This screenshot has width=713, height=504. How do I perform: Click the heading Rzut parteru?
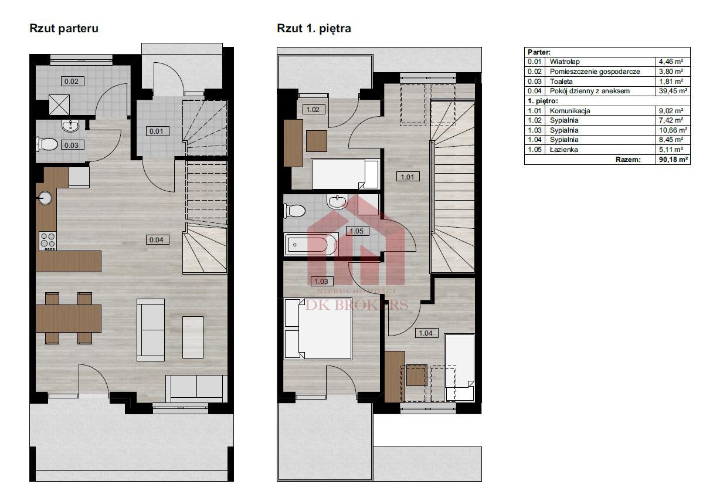(x=64, y=29)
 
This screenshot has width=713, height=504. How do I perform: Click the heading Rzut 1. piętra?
(x=314, y=29)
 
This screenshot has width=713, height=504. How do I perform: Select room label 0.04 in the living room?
(x=158, y=239)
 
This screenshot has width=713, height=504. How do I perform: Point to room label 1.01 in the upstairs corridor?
(x=408, y=177)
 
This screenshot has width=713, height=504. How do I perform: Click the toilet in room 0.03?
(x=46, y=144)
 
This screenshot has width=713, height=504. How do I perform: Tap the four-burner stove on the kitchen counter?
(x=47, y=241)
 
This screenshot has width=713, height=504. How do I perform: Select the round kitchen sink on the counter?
(x=45, y=198)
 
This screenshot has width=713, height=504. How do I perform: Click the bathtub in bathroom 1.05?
(x=311, y=244)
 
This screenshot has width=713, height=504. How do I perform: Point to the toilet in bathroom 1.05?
(x=294, y=211)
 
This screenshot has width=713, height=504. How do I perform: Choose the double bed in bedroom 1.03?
(x=318, y=329)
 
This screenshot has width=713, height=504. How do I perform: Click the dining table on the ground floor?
(x=69, y=319)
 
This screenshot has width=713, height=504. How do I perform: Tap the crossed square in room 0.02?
(x=59, y=104)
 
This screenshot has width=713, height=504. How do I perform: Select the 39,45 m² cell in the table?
(x=673, y=91)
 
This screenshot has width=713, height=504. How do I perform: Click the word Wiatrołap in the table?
(x=565, y=62)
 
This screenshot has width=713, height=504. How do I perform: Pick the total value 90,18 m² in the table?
(x=673, y=160)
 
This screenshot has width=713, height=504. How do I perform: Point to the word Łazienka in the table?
(x=563, y=150)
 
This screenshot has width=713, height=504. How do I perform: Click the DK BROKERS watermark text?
(x=357, y=305)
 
